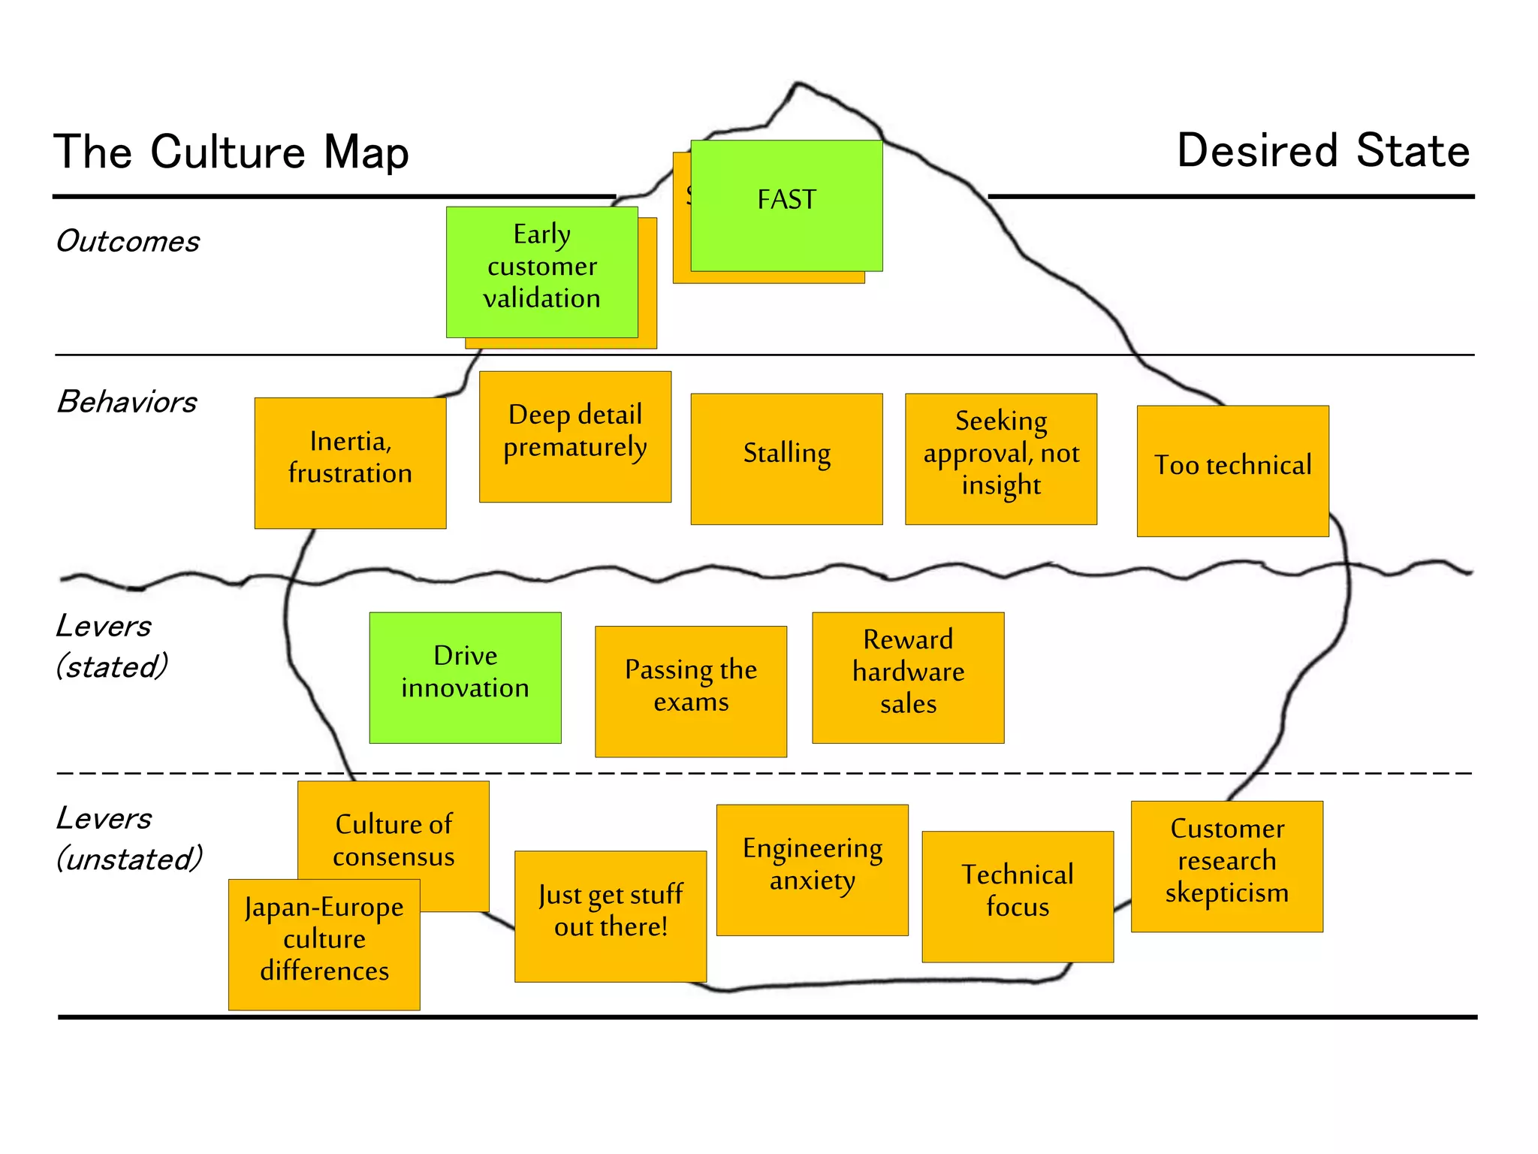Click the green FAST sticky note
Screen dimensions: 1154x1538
click(786, 205)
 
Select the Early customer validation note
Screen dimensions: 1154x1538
click(541, 271)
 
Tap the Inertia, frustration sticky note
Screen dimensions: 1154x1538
click(350, 463)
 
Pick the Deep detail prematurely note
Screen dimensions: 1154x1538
click(575, 436)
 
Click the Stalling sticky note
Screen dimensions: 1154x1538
click(786, 458)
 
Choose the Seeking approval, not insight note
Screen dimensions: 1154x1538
click(1001, 458)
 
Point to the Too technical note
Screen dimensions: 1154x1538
click(1232, 470)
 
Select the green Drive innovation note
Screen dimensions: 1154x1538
click(465, 677)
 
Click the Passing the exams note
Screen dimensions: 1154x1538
click(691, 690)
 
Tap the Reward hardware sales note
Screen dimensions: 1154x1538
click(908, 677)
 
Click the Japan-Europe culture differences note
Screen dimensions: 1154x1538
click(324, 944)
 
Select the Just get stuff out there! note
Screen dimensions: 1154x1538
click(611, 916)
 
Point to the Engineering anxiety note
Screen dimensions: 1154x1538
click(812, 869)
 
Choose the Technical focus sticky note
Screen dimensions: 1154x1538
click(1018, 896)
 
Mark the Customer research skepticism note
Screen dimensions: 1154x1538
click(1226, 865)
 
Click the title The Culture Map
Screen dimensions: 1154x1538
click(231, 152)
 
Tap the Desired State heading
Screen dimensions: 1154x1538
click(1322, 150)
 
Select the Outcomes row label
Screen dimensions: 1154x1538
click(128, 241)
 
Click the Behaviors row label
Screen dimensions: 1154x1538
click(127, 402)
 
